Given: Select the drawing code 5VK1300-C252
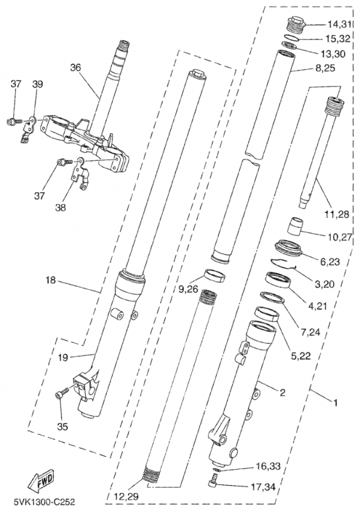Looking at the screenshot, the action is (44, 501).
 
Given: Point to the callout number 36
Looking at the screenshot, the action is (75, 68).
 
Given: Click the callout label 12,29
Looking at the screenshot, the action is (127, 497).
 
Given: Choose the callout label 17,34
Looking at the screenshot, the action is (263, 487).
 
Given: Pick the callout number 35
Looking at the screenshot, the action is (62, 426).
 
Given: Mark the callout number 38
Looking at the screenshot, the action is (60, 207).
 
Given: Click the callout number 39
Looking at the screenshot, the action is (38, 84).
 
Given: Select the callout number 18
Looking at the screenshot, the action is (51, 280).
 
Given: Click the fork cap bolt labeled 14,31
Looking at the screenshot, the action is (295, 23).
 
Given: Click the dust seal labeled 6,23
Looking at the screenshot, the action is (290, 249).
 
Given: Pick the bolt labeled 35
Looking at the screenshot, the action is (61, 392).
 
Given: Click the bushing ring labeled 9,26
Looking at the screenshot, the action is (215, 275).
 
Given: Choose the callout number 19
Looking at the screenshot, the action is (63, 357).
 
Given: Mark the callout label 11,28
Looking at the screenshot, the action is (337, 214).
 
